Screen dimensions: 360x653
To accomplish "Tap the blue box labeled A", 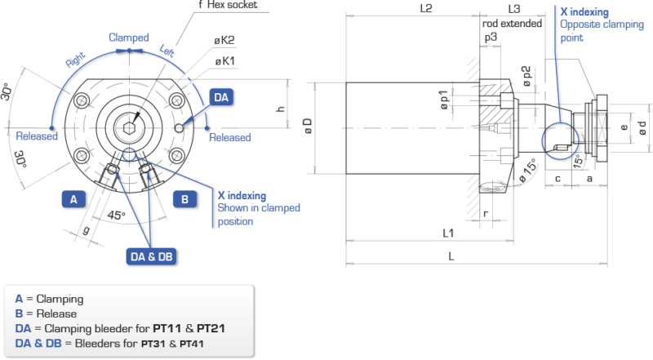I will [x=73, y=198].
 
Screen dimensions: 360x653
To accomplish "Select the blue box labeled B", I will [x=184, y=198].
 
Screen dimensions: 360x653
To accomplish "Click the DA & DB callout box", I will [x=153, y=256].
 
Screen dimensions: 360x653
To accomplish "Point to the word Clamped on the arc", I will [x=129, y=38].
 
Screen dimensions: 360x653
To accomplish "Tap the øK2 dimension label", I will [x=225, y=39].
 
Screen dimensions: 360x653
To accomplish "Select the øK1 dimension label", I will [x=225, y=60].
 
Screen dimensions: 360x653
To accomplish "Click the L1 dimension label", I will [x=448, y=233].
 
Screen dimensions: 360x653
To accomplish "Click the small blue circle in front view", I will [x=128, y=154].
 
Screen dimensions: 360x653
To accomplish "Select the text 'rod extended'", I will [x=512, y=24].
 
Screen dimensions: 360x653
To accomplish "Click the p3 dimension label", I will [x=490, y=37].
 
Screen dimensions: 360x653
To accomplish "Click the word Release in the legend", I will [x=56, y=313].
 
